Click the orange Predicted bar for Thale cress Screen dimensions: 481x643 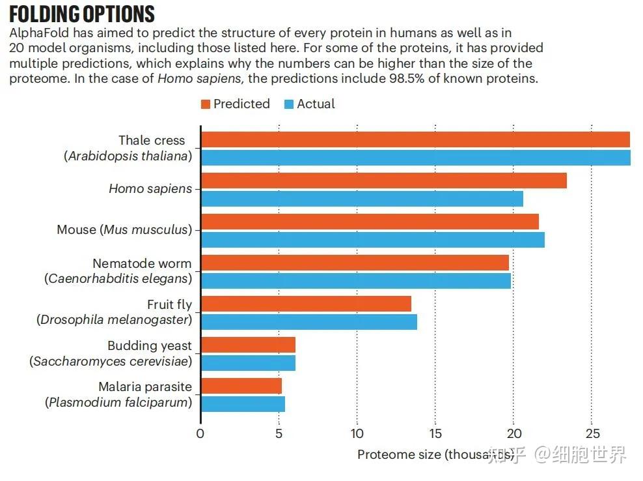pos(415,139)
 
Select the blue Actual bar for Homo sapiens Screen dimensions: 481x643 pos(362,199)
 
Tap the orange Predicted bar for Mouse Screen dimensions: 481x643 pos(370,222)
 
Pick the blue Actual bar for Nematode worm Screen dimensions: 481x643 pos(356,281)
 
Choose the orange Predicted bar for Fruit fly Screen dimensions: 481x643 pos(306,304)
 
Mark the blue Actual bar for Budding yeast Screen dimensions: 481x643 pos(248,363)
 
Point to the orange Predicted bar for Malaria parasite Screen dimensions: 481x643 pos(241,386)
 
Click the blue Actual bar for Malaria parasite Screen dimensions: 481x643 pos(243,404)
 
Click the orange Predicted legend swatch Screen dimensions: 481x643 pos(206,104)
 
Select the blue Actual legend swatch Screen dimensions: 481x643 pos(290,104)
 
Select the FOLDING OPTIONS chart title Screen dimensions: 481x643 pos(82,14)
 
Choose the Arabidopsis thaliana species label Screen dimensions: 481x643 pos(131,156)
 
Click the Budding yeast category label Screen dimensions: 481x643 pos(150,345)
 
